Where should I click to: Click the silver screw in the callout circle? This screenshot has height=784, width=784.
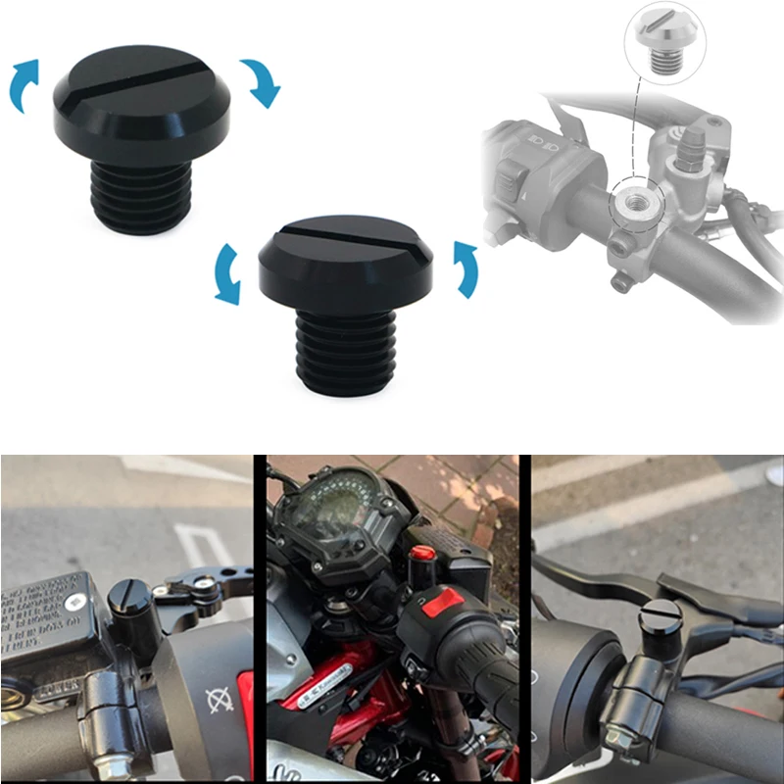tap(663, 40)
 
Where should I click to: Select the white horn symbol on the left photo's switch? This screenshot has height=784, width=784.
tap(221, 701)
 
